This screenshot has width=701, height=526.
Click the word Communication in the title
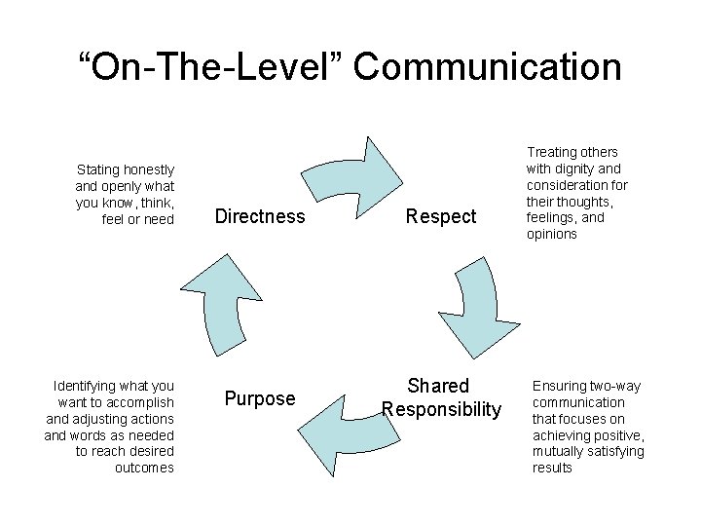488,67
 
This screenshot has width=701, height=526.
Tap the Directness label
260,216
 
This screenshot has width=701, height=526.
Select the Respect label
441,216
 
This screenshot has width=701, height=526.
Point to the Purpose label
260,398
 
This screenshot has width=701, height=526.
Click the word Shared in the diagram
438,386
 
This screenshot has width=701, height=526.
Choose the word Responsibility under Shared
441,409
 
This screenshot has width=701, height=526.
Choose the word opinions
552,235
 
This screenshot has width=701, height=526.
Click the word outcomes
144,469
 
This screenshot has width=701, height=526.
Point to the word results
553,469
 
